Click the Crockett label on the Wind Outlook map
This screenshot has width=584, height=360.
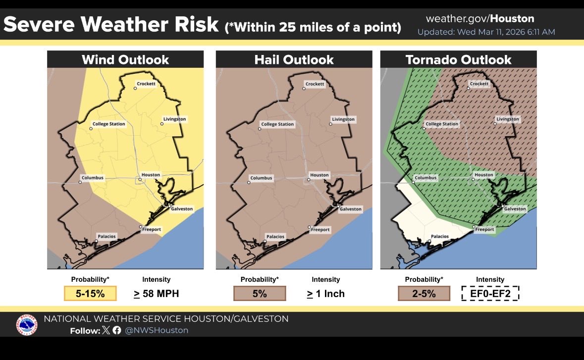click(146, 84)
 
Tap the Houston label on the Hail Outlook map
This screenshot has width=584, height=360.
click(319, 175)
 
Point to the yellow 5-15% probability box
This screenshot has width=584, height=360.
click(90, 293)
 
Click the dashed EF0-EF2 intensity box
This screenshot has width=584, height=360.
click(490, 293)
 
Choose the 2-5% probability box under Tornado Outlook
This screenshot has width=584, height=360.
click(424, 293)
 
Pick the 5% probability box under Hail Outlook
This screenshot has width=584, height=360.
click(260, 293)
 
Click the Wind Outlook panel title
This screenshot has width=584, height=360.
click(125, 60)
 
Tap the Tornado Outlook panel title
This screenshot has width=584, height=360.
click(458, 60)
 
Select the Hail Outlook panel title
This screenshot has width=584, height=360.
click(294, 60)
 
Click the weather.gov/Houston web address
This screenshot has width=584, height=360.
click(480, 19)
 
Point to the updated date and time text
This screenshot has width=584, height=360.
click(486, 32)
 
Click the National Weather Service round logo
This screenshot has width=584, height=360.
click(27, 325)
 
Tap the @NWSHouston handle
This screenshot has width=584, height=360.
click(157, 330)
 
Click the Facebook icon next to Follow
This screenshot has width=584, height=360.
click(117, 330)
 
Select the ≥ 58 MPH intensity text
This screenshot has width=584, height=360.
click(156, 294)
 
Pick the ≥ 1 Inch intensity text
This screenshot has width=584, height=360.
click(325, 294)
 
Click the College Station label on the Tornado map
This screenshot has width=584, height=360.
click(442, 124)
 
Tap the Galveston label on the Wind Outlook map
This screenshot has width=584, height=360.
click(182, 209)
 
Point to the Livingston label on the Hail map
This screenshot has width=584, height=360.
click(343, 119)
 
